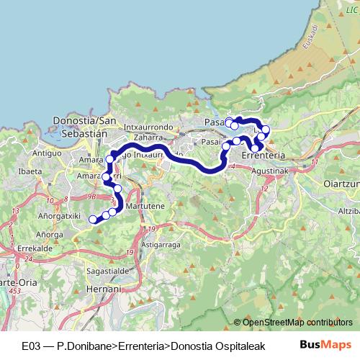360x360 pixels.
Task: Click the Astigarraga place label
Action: tap(161, 245)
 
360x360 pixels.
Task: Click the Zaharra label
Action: tap(148, 136)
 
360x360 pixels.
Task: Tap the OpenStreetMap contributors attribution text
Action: tap(297, 322)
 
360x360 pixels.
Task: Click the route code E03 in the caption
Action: tap(32, 345)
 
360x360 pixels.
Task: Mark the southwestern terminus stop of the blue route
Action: tap(92, 220)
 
